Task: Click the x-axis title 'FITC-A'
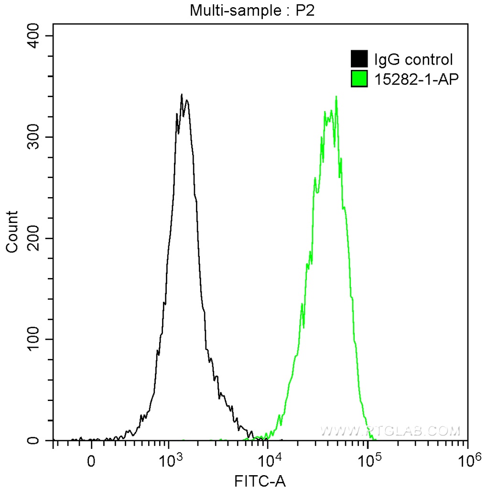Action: (260, 480)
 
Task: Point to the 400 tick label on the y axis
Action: (35, 36)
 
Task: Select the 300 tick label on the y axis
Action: (35, 137)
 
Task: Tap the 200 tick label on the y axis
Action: (35, 238)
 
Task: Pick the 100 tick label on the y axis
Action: (35, 339)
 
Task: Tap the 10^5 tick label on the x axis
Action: (369, 461)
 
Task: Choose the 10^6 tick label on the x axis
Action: (468, 461)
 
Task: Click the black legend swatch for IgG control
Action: (359, 59)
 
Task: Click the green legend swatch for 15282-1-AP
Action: (359, 79)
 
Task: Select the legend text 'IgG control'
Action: (413, 60)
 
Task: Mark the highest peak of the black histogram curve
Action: (182, 95)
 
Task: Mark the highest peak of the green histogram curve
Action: (336, 97)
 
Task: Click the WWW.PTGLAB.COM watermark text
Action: (390, 430)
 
